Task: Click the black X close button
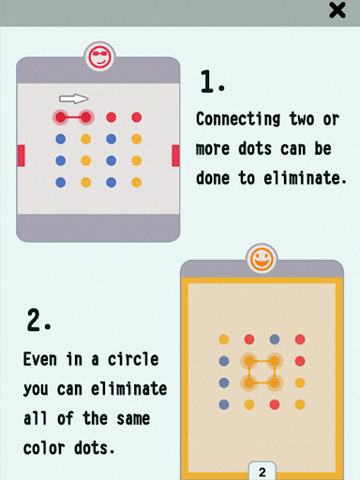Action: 337,10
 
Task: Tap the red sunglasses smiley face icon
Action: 99,57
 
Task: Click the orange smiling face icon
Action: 262,259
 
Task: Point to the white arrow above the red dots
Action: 74,98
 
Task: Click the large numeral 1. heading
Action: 213,82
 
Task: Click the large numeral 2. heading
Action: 38,320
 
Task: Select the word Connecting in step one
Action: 238,119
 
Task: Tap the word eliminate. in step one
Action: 305,178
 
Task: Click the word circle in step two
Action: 133,359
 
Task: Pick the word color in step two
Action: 44,448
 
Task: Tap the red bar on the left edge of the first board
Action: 22,156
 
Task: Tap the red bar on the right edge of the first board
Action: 175,156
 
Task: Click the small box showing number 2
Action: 262,471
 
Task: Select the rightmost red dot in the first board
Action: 137,117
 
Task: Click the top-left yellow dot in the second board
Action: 224,339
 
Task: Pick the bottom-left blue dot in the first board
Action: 61,182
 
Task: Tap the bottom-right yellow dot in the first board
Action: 137,182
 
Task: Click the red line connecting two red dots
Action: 73,117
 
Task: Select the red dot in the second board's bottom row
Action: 275,405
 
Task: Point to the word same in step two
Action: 133,418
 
